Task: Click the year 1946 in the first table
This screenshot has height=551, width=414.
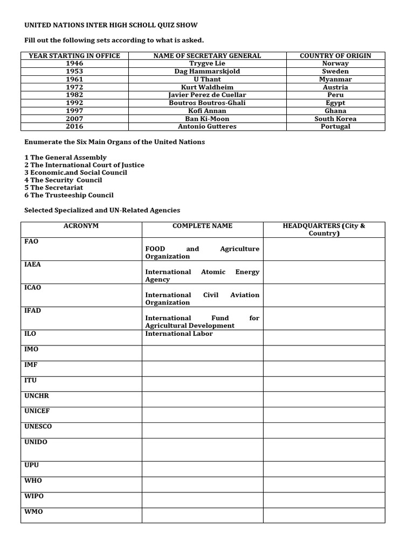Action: (74, 63)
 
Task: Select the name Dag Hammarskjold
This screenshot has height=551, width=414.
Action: (207, 72)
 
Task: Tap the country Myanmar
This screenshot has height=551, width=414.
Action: (335, 79)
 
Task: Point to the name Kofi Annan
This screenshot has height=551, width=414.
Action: (207, 111)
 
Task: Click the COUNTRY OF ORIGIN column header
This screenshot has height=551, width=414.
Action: (335, 55)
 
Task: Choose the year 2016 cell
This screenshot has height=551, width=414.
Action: (74, 126)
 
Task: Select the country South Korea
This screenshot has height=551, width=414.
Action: (335, 119)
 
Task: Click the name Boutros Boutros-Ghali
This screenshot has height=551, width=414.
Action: (207, 103)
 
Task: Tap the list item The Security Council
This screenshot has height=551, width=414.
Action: (66, 180)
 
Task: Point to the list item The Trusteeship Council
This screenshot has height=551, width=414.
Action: (72, 195)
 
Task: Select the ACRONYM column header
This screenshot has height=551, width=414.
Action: (81, 226)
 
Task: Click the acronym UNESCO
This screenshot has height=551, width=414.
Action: (38, 427)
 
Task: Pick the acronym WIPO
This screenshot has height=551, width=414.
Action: (34, 496)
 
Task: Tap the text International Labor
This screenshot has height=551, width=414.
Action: (179, 334)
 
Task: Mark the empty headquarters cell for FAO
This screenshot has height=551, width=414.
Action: (324, 249)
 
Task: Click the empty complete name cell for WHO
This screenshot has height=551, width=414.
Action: (202, 484)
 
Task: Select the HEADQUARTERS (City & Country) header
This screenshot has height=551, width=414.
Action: (324, 230)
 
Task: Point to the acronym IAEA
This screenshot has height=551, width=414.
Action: (33, 265)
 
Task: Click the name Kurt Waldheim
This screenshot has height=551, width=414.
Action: (207, 87)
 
